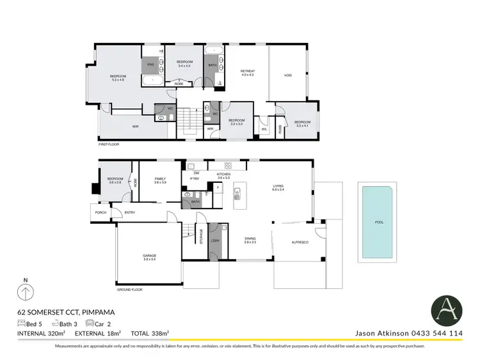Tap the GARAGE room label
tap(149, 256)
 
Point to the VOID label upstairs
tap(288, 75)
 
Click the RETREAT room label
tap(247, 72)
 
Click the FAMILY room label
tap(159, 180)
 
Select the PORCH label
tap(100, 212)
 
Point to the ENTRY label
tap(130, 212)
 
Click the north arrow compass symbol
tap(25, 293)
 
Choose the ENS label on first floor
tap(151, 65)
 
